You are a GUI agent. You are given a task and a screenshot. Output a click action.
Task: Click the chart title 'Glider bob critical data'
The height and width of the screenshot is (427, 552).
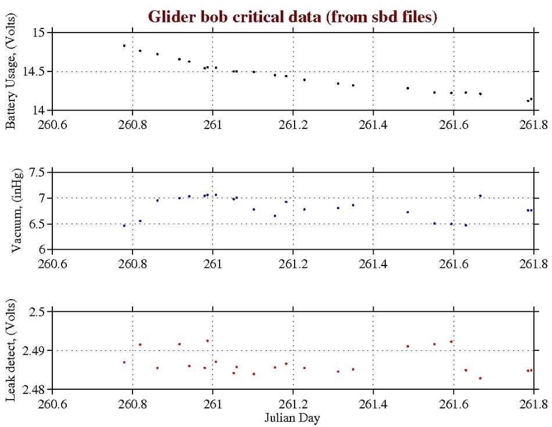point(292,17)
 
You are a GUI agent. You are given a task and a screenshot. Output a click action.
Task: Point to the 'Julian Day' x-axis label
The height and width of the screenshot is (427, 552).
point(292,418)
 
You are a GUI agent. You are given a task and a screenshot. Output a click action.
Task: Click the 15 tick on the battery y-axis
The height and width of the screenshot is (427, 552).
point(39,33)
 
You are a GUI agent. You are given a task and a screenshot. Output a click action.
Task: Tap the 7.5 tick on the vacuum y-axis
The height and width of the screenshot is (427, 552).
point(37,173)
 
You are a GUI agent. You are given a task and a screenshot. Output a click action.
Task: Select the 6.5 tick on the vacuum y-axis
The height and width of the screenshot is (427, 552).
point(37,224)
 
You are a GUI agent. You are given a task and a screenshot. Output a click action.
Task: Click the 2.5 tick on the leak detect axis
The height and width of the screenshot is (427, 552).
point(37,312)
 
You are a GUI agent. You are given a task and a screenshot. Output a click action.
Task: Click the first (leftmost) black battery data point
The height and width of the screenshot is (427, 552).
point(124,45)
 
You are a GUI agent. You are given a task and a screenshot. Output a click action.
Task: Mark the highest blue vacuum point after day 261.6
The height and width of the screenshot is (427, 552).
point(480,196)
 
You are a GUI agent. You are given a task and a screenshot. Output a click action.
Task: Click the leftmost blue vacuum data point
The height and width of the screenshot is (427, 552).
point(124,225)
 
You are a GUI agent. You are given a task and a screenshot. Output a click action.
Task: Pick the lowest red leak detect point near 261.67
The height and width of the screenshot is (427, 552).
point(480,378)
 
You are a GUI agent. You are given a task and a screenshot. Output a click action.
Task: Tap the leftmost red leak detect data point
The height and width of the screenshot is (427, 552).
point(124,363)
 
